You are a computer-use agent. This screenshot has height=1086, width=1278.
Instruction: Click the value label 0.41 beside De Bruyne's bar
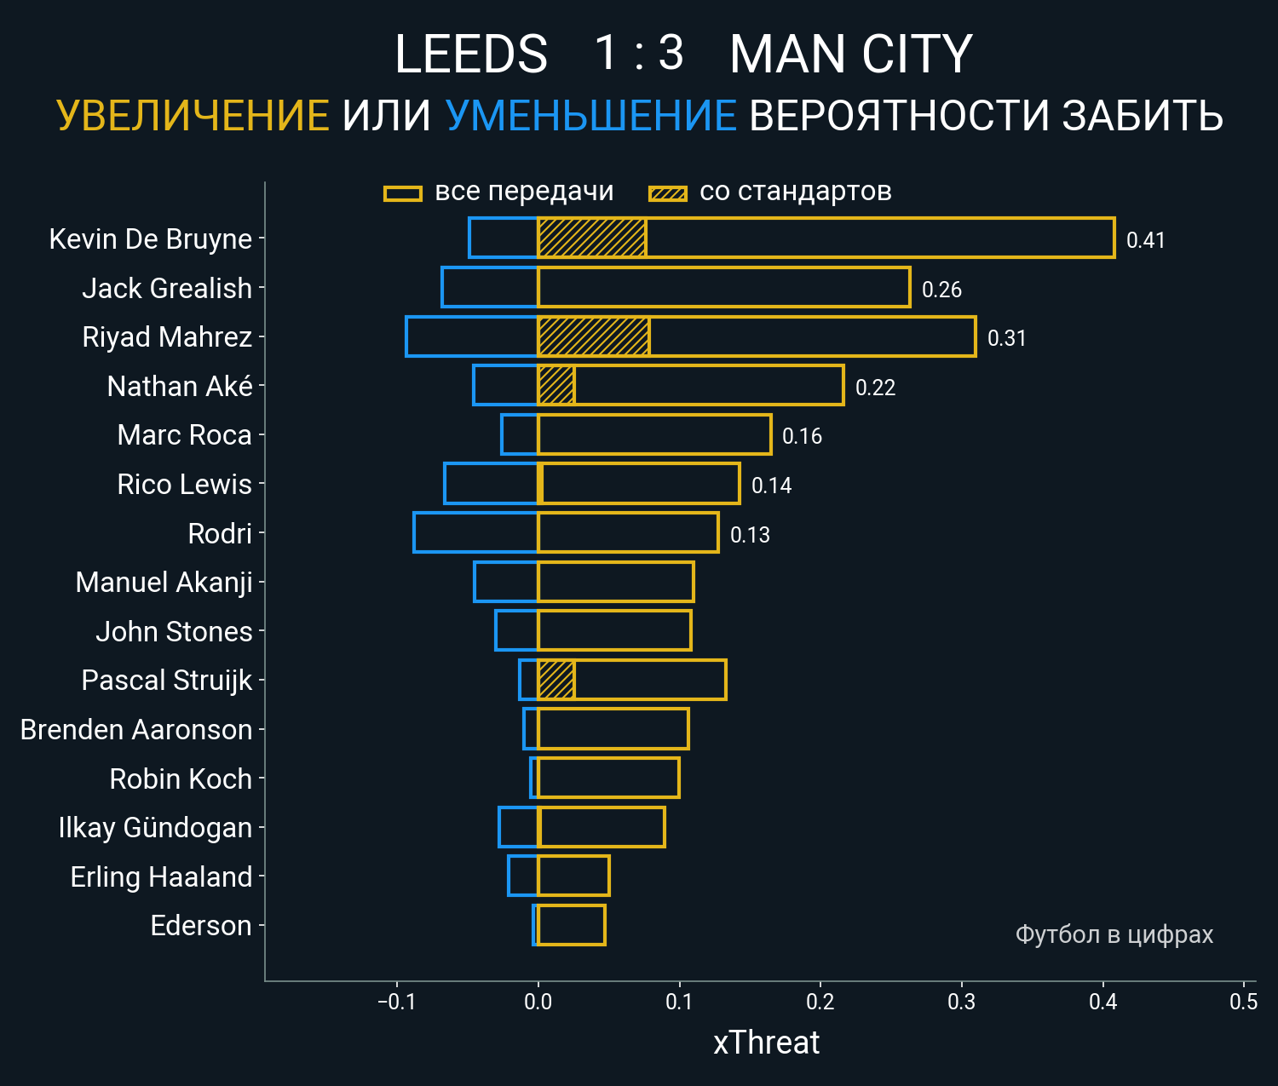(x=1145, y=240)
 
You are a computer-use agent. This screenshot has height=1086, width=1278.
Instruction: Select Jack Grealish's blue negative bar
(x=490, y=287)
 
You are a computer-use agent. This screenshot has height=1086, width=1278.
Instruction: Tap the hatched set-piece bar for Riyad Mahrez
(x=594, y=336)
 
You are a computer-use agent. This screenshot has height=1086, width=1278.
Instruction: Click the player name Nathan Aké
(x=180, y=387)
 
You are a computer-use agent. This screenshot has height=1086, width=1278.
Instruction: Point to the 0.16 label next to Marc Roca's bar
(x=802, y=436)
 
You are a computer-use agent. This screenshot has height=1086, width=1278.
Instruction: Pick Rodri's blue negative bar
(x=475, y=532)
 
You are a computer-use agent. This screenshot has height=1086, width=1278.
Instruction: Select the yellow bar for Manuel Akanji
(x=616, y=582)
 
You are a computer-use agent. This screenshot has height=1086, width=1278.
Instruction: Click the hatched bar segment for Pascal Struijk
(x=556, y=680)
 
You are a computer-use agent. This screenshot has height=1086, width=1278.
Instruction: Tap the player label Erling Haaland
(x=161, y=876)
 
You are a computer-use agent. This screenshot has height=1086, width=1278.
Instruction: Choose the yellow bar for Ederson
(x=572, y=925)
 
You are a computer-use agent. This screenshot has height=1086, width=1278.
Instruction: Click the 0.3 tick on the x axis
(x=961, y=1002)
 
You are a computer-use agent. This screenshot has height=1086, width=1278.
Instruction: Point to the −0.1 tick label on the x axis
(x=396, y=1002)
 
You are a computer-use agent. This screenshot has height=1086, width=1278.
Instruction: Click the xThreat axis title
(x=766, y=1043)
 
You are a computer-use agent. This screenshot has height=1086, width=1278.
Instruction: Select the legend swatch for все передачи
(x=403, y=193)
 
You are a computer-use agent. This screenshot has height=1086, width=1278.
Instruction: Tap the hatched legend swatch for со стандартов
(x=667, y=193)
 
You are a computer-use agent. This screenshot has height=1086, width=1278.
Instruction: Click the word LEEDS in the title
(x=471, y=55)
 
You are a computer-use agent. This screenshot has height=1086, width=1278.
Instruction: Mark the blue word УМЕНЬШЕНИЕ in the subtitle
(x=590, y=116)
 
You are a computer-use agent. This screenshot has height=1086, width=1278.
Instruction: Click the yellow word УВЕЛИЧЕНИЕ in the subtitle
(x=193, y=116)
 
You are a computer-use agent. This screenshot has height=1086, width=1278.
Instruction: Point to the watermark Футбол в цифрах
(x=1114, y=934)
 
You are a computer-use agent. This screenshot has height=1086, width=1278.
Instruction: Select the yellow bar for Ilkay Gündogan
(x=602, y=827)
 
